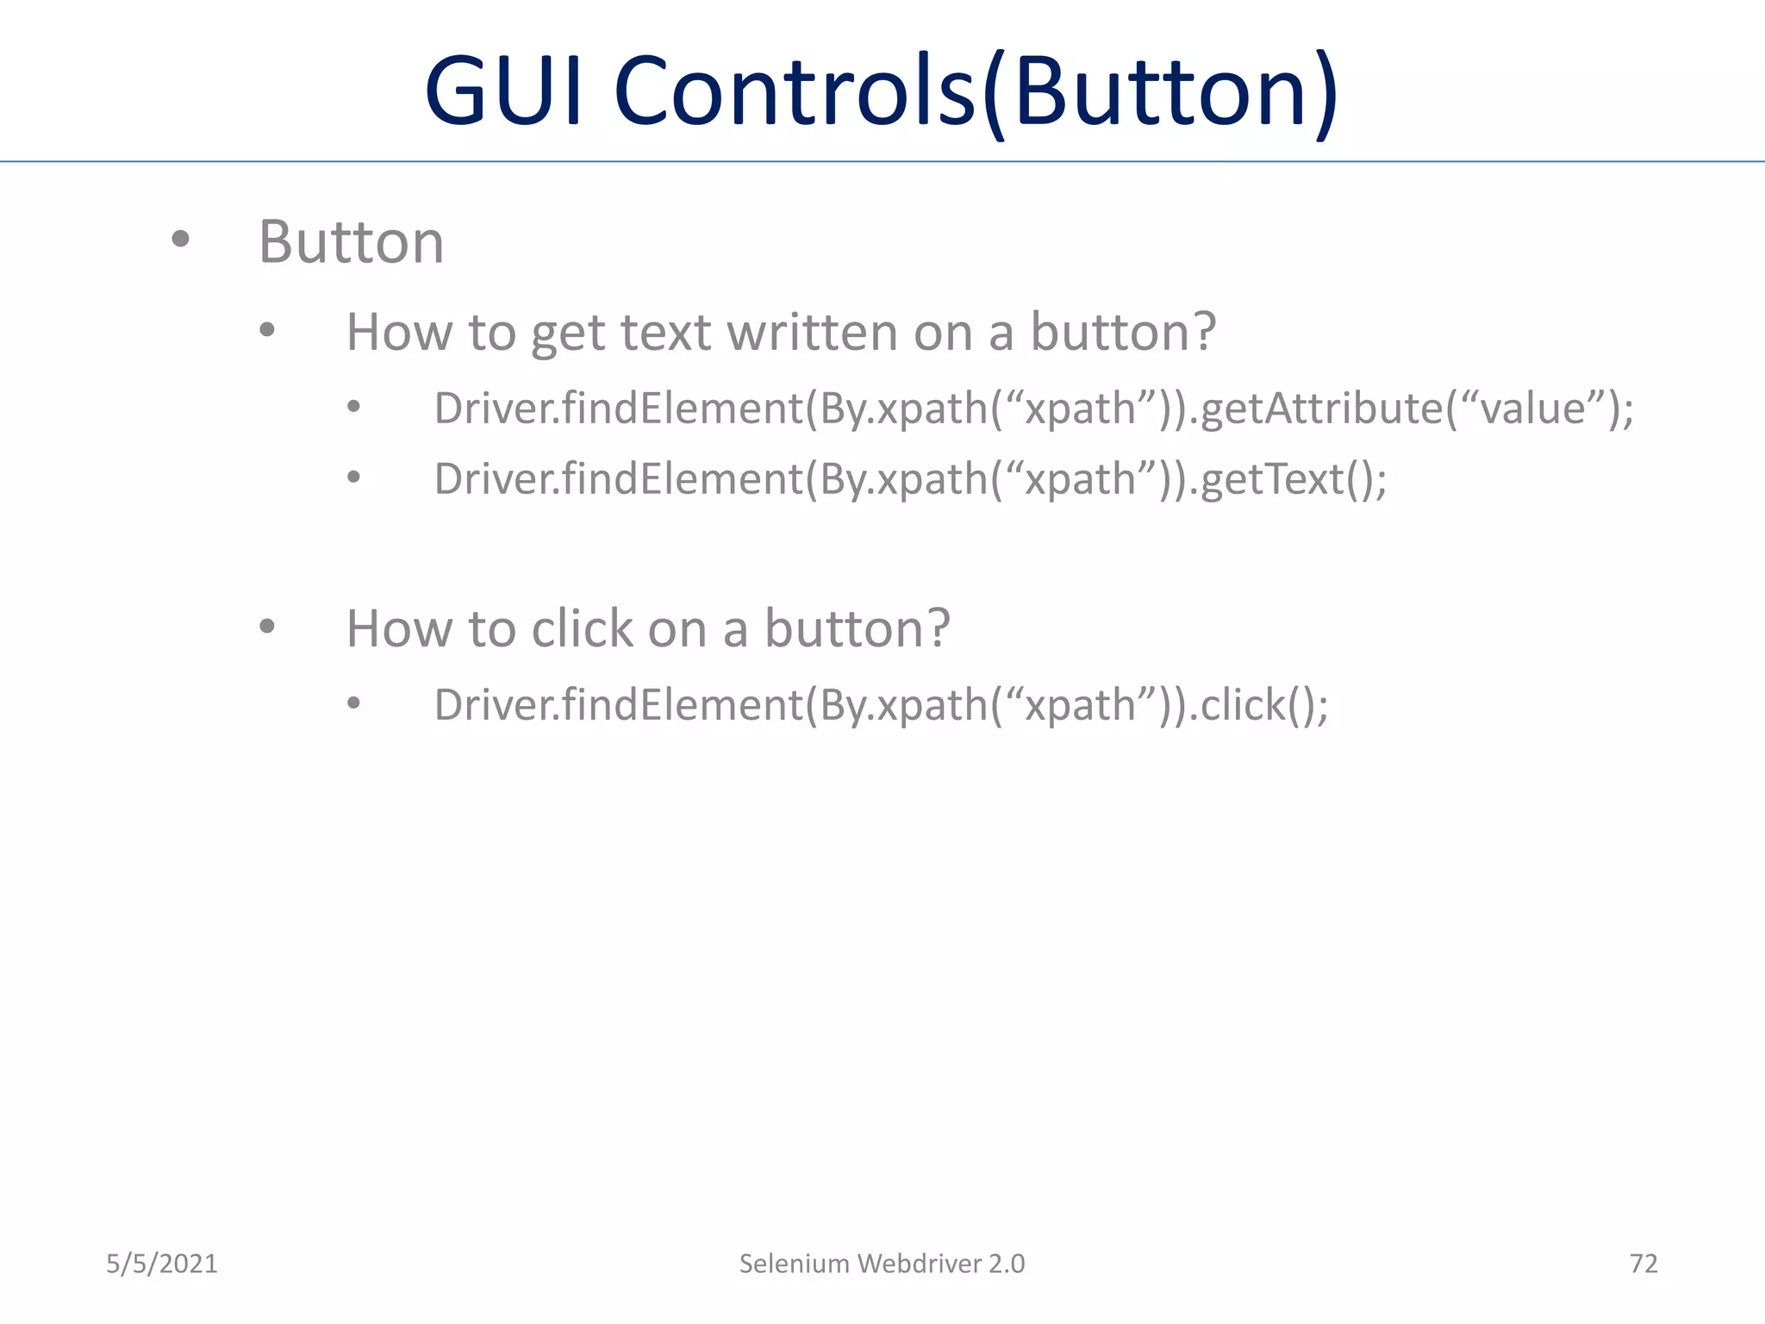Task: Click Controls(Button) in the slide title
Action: click(976, 91)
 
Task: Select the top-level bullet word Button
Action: click(352, 242)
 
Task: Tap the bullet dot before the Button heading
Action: click(180, 239)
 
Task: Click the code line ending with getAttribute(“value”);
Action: click(1033, 409)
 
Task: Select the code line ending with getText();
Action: click(910, 479)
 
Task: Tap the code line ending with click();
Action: click(881, 705)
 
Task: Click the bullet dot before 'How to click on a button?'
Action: click(267, 627)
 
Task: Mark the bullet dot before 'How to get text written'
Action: click(267, 329)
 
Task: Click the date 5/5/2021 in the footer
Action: click(162, 1264)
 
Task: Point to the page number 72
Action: click(1643, 1264)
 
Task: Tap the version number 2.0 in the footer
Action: click(1007, 1264)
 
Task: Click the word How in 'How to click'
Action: click(399, 628)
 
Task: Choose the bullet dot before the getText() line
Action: click(353, 477)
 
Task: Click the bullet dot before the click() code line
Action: click(353, 703)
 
